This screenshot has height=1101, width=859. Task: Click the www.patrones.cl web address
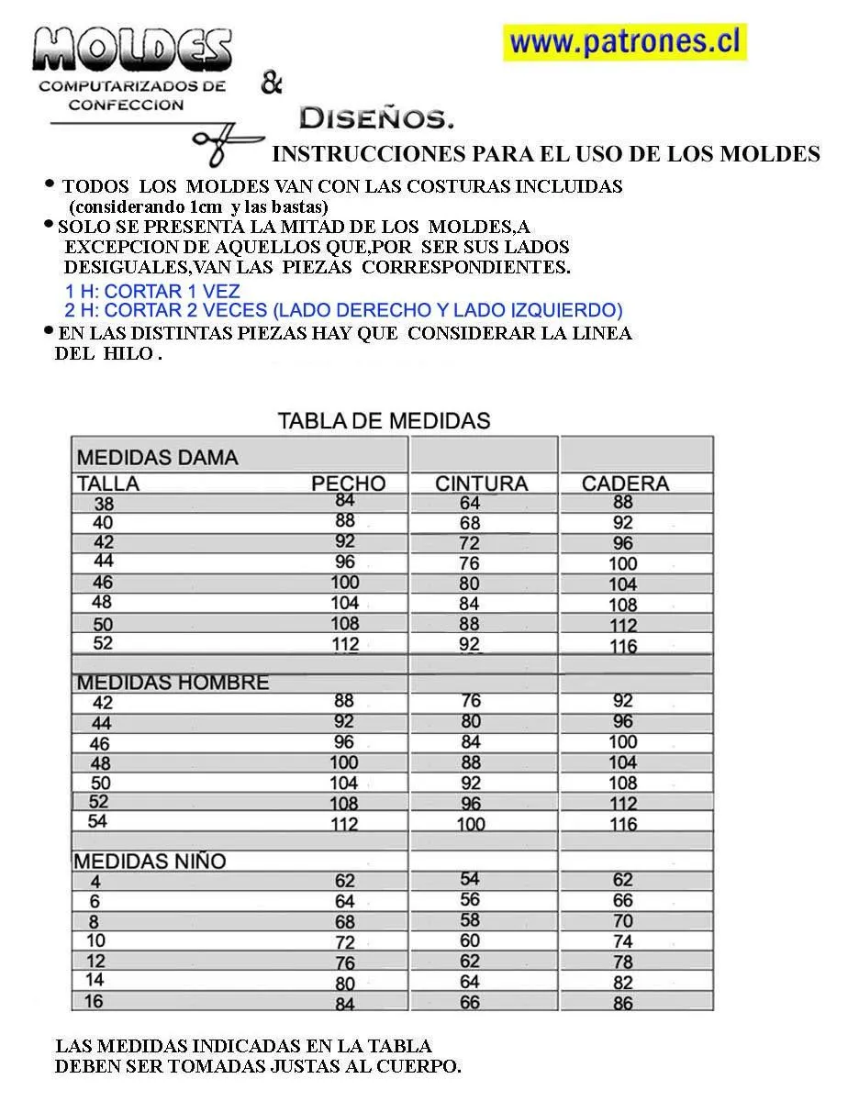[625, 42]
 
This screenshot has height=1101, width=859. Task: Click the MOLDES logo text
[132, 50]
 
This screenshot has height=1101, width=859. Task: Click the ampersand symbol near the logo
[271, 84]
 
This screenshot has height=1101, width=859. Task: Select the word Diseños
[376, 118]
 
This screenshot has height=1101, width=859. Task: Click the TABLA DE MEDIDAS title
[384, 421]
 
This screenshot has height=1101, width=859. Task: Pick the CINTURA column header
[482, 484]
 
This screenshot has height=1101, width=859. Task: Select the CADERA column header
[625, 484]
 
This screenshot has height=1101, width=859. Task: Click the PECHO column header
[348, 484]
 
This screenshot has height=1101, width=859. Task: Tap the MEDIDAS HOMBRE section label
[173, 683]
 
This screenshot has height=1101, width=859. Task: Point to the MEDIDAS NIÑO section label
[150, 862]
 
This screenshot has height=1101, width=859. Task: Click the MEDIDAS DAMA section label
[157, 457]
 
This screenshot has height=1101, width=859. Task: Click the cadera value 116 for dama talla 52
[623, 646]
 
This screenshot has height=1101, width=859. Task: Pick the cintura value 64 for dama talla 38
[470, 503]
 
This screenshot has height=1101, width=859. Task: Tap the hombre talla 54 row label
[97, 821]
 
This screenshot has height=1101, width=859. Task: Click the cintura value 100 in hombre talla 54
[471, 824]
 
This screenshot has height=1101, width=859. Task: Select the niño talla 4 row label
[95, 883]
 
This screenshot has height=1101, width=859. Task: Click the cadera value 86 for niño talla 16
[623, 1003]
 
